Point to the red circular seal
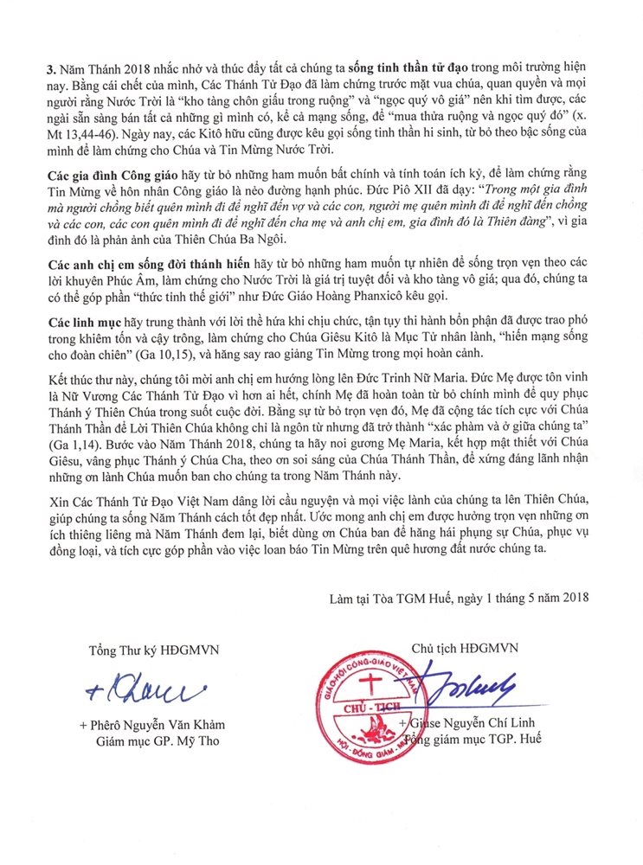[x=385, y=708]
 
